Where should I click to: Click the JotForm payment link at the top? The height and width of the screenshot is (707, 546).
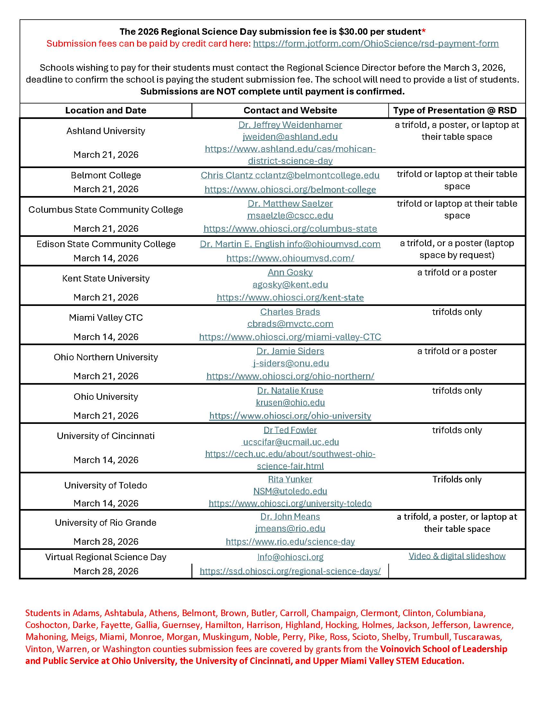click(375, 43)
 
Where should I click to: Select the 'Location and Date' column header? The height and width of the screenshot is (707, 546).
click(105, 110)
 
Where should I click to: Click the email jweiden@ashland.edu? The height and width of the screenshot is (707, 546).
click(290, 137)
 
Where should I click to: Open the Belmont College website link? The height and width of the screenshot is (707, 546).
click(290, 189)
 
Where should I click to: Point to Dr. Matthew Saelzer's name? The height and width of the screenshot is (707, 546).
click(290, 203)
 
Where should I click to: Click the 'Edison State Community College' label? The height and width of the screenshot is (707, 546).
click(106, 244)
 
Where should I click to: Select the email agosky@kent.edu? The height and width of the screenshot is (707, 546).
click(290, 284)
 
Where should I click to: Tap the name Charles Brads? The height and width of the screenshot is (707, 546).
click(290, 312)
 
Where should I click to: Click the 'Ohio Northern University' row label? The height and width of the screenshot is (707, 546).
click(106, 357)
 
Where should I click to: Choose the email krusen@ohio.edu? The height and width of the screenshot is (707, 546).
click(290, 402)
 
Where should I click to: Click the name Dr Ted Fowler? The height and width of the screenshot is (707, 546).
click(290, 430)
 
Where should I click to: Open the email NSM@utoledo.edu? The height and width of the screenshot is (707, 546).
click(290, 491)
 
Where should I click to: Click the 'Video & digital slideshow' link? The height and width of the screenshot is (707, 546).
click(457, 556)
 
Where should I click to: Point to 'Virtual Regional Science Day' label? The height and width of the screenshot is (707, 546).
click(106, 557)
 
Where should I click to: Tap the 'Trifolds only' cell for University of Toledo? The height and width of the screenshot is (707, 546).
click(457, 479)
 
